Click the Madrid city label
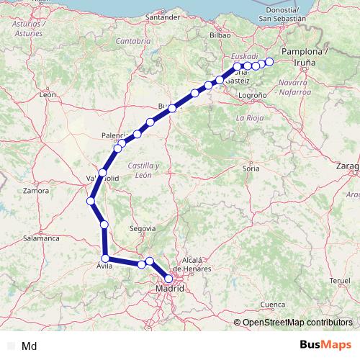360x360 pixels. (x=170, y=289)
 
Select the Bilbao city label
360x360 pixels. (x=219, y=34)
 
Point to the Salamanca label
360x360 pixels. (x=41, y=237)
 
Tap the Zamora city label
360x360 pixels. (x=36, y=191)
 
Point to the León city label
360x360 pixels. (x=48, y=94)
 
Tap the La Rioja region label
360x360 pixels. (x=250, y=117)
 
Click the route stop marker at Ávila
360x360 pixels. (x=105, y=258)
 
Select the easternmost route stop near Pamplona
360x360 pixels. (x=270, y=62)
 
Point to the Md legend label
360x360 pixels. (x=30, y=346)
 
